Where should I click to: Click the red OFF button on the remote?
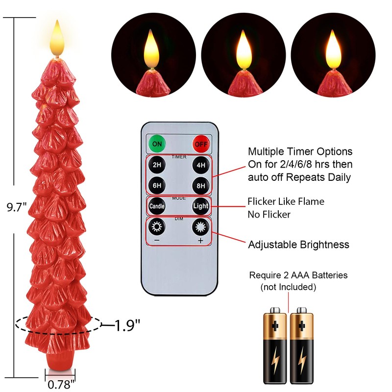(200, 145)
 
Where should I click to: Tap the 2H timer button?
(157, 165)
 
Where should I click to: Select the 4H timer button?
(200, 165)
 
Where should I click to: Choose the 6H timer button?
(157, 185)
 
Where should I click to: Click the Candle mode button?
(157, 206)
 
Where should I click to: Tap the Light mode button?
(200, 206)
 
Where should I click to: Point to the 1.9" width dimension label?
(127, 324)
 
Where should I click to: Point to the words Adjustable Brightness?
(298, 245)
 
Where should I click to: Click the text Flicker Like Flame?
(286, 201)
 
